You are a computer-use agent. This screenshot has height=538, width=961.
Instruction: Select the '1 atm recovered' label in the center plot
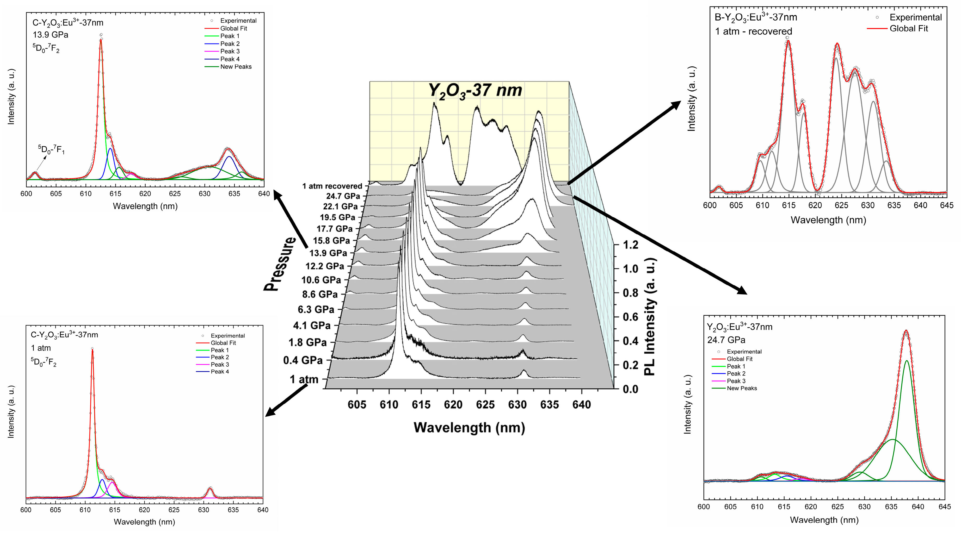coord(332,186)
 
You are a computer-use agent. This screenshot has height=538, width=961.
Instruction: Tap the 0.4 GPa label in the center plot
coord(303,360)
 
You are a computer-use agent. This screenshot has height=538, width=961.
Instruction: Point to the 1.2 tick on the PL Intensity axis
coord(631,245)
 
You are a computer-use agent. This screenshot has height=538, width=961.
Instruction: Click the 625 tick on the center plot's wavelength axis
coord(485,404)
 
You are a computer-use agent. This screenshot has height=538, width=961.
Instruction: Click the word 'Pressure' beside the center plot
coord(280,264)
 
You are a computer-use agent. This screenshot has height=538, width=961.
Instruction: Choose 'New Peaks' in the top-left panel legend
coord(236,67)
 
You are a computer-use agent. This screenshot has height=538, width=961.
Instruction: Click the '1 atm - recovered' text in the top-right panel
coord(753,31)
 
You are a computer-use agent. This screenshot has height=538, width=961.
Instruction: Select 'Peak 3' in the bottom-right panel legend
coord(736,381)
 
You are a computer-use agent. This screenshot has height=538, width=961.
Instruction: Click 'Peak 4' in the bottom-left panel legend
coord(220,372)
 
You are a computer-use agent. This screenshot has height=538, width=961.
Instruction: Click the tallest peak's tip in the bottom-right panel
coord(906,331)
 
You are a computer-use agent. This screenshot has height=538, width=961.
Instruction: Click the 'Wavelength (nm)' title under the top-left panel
coord(145,206)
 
